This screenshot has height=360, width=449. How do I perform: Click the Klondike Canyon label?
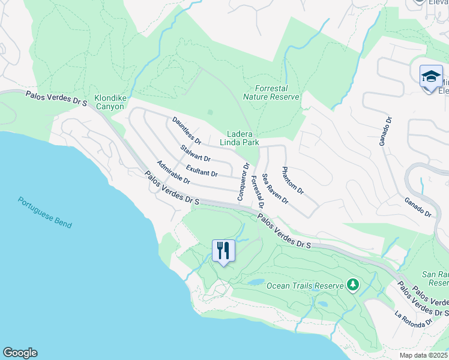pos(109,102)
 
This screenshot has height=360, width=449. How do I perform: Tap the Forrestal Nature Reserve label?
pos(271,92)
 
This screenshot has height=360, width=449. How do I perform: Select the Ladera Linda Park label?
pos(243,139)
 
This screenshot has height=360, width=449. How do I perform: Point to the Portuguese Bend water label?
pos(44,213)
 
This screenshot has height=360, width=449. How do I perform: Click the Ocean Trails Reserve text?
pos(306,285)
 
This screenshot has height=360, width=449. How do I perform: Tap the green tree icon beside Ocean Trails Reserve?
pos(354,284)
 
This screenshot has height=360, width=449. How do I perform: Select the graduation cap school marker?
pos(431,77)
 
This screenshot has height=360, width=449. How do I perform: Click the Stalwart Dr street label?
pos(195,154)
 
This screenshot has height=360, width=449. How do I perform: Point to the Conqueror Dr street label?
pos(243,182)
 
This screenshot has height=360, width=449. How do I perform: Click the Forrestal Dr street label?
pos(257,191)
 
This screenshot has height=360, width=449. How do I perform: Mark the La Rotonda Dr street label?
pos(413,318)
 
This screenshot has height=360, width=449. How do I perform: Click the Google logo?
pos(20,353)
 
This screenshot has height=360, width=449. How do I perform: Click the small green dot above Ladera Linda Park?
pos(209,112)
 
